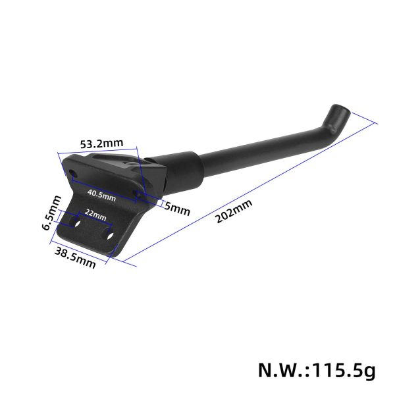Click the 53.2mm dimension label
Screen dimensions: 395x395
pos(101,142)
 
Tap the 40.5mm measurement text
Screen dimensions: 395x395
pos(102,196)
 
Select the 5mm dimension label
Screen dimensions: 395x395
pos(177,210)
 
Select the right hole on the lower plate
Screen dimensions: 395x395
pos(110,234)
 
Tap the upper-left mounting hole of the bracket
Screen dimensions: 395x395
pos(72,172)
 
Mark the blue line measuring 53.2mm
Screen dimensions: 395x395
pos(99,151)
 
